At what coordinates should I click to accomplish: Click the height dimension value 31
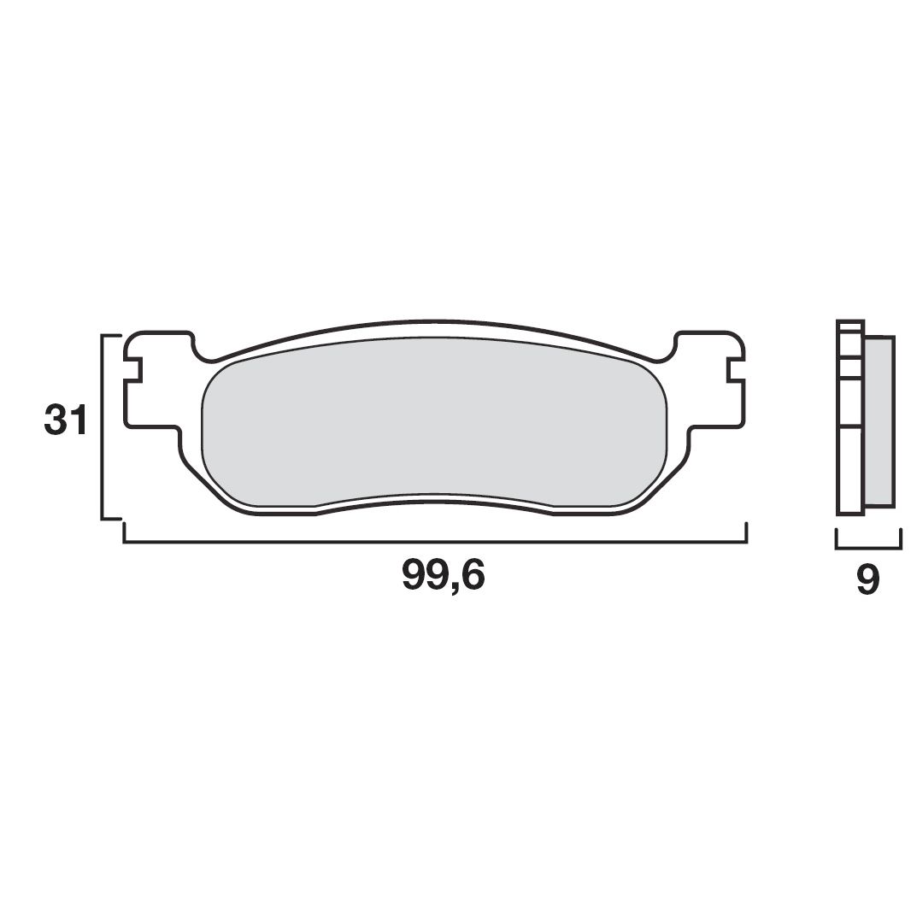coord(65,420)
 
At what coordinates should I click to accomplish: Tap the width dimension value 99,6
coord(443,575)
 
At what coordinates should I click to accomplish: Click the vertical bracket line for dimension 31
coord(103,427)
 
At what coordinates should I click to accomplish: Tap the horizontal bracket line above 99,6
coord(436,543)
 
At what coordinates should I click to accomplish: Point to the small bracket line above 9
coord(868,548)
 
